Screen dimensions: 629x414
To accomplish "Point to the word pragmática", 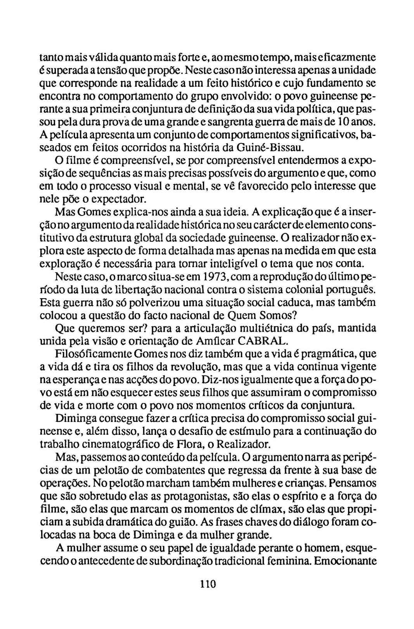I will pos(328,354).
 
